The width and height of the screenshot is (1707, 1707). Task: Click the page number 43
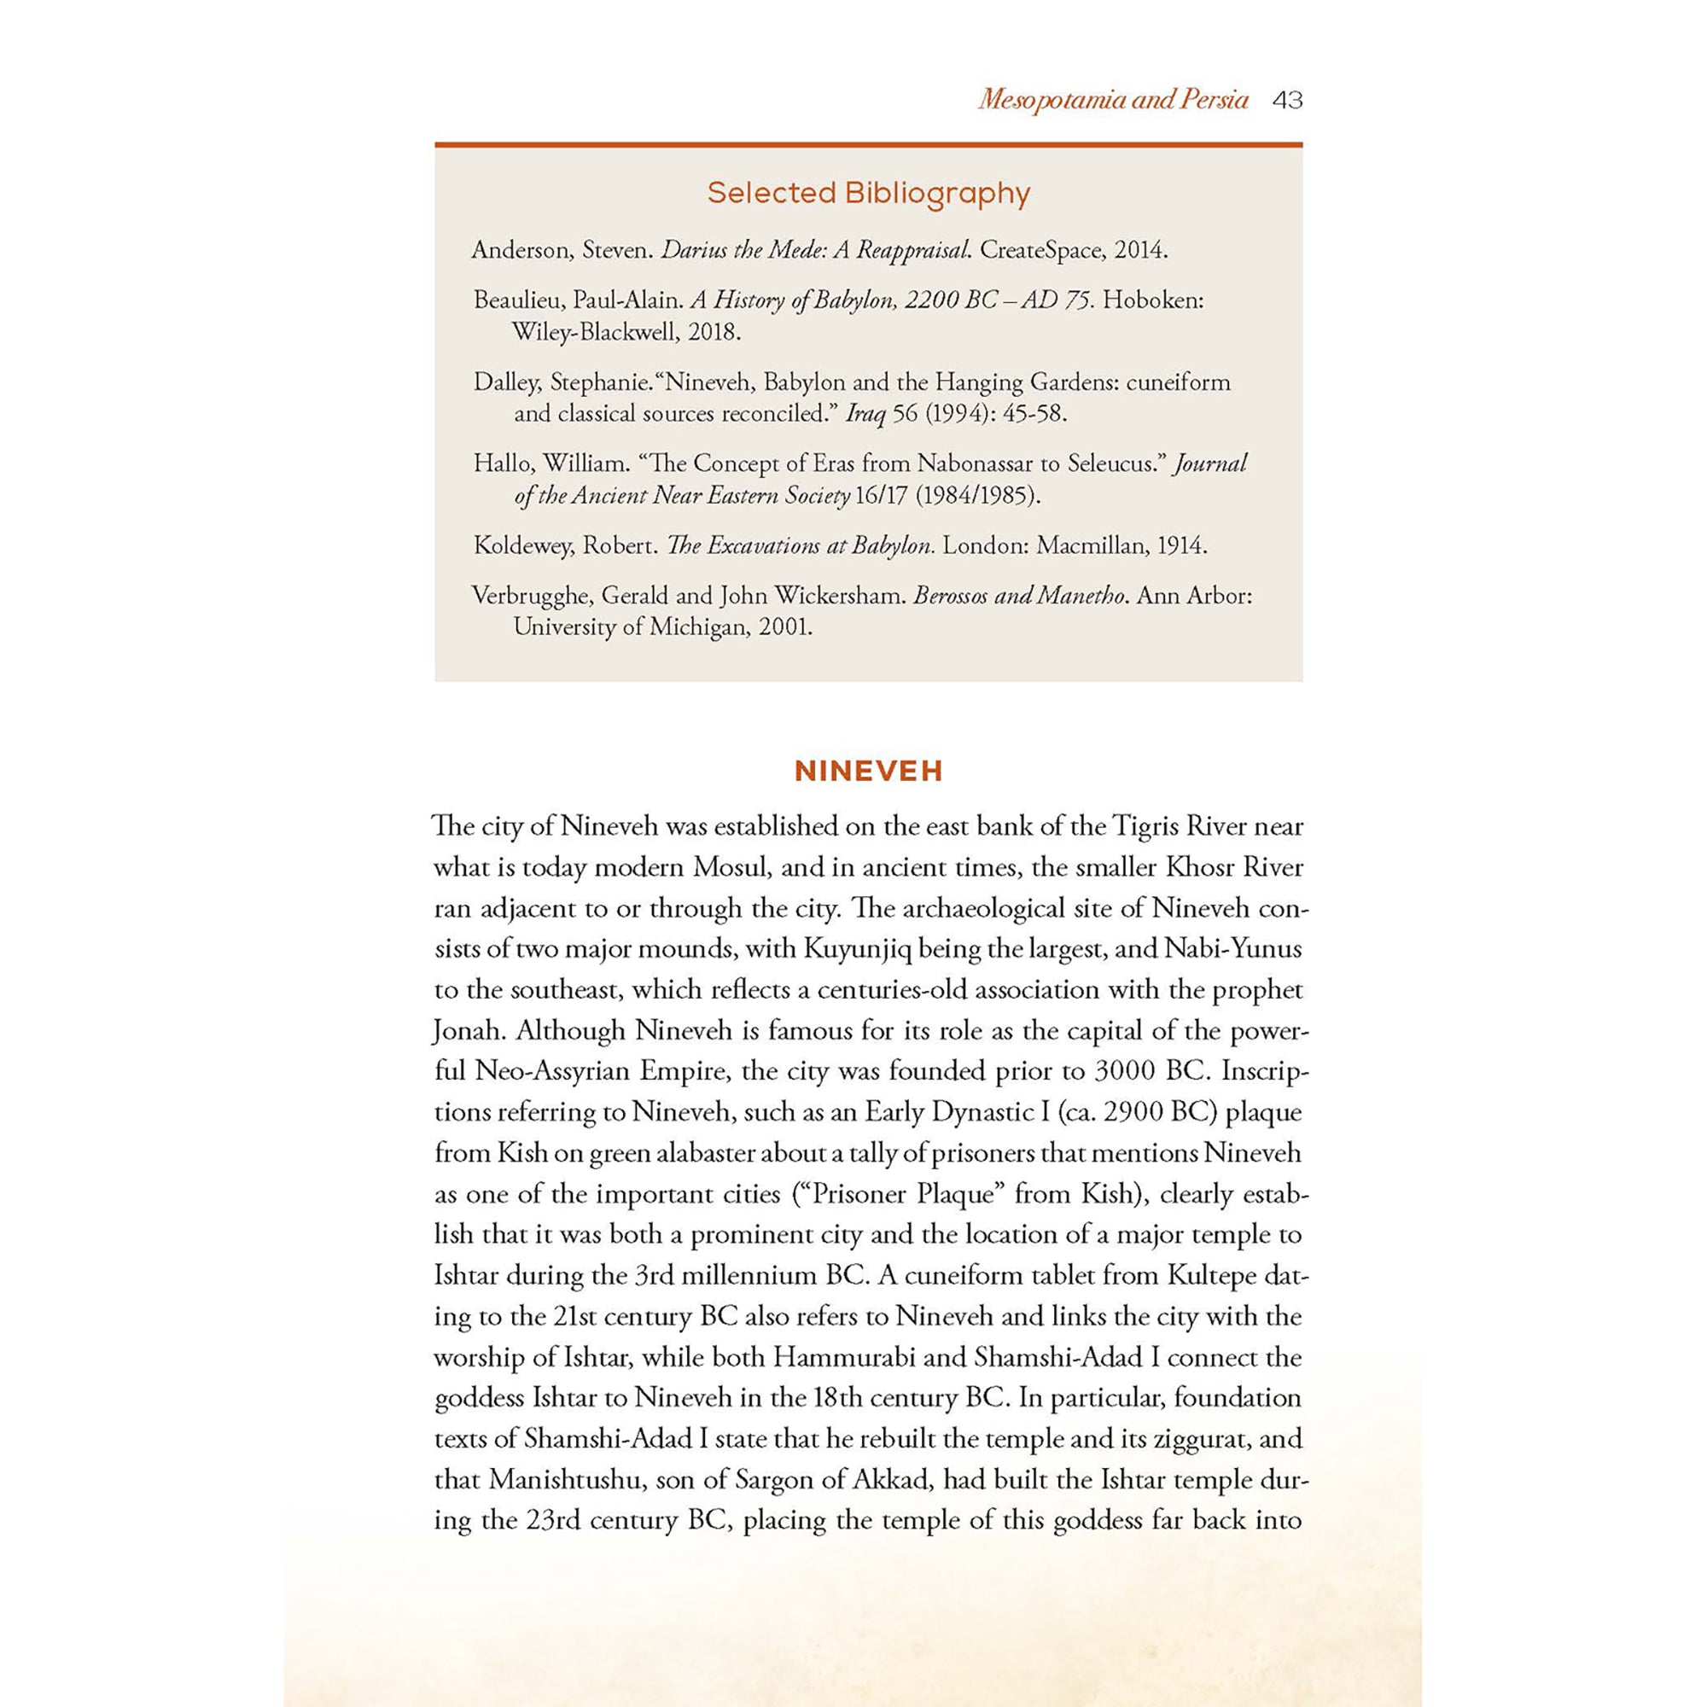1287,101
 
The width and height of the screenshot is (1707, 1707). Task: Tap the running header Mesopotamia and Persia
1112,100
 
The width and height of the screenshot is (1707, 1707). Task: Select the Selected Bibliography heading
869,194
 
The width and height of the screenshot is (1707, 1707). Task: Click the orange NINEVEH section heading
869,772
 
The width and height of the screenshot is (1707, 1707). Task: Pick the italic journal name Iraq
865,413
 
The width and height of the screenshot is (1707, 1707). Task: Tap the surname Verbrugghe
531,596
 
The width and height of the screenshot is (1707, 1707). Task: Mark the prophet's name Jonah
468,1030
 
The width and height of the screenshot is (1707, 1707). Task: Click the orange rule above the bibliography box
869,144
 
